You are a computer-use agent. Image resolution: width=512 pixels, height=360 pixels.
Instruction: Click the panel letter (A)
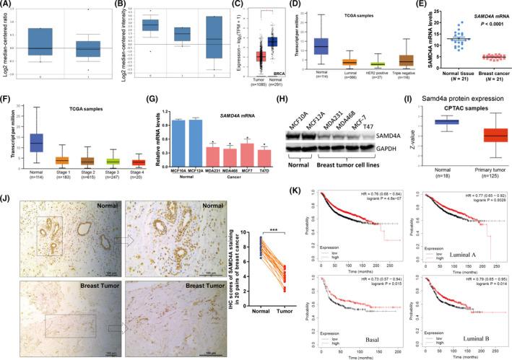pyautogui.click(x=9, y=5)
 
